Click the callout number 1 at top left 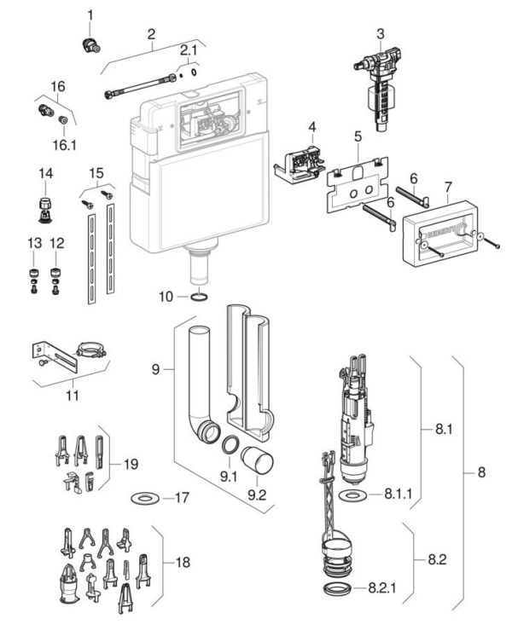(x=90, y=15)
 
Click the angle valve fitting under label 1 (x=91, y=45)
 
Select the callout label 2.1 (x=189, y=50)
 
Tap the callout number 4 (x=312, y=127)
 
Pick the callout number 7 (x=448, y=187)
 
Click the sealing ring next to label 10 (x=199, y=297)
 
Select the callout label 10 (x=166, y=297)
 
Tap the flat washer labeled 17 (x=145, y=498)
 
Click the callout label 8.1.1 (x=398, y=494)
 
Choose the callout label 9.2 (x=257, y=495)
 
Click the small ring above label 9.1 (x=230, y=445)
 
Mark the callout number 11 (x=73, y=396)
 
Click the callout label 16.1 (x=64, y=145)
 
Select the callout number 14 (x=45, y=173)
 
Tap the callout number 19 (x=131, y=464)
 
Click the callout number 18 (x=183, y=562)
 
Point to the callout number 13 (x=34, y=243)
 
